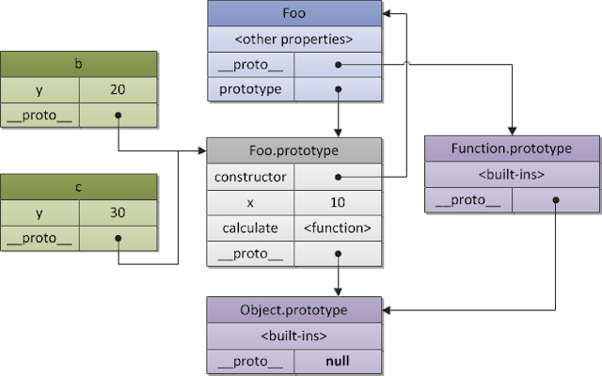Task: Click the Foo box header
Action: coord(294,15)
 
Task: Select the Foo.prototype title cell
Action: coord(294,150)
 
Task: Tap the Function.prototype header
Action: coord(512,149)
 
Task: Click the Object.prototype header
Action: coord(294,310)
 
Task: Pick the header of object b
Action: coord(77,65)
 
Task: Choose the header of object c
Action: coord(77,186)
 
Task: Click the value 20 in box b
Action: coord(117,90)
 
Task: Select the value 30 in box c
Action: coord(117,212)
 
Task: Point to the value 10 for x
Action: coord(338,202)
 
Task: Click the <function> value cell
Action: coord(338,227)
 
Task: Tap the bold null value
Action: coord(338,362)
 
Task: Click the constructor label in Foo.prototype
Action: coord(249,177)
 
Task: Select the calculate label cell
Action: coord(249,227)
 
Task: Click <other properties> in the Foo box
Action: coord(294,39)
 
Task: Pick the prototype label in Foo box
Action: coord(249,90)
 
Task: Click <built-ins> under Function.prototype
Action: coord(512,174)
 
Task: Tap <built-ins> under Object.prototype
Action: coord(294,336)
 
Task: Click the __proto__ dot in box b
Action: coord(118,117)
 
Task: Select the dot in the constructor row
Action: coord(338,177)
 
